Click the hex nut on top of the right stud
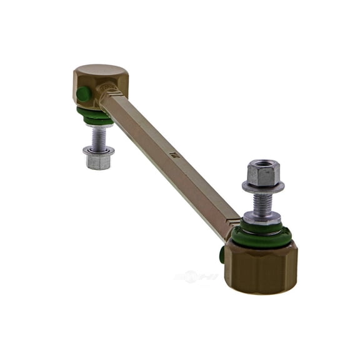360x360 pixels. point(262,173)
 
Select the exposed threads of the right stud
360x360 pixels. point(263,201)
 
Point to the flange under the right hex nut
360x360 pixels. point(263,186)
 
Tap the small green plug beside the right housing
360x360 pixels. point(222,254)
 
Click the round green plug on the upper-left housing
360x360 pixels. point(82,95)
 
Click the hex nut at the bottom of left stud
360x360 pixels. point(98,160)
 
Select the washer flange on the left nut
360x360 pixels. point(98,150)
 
